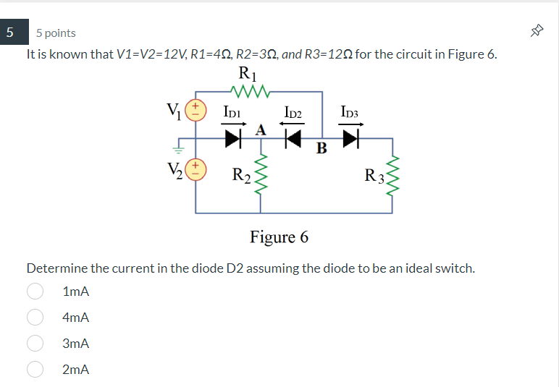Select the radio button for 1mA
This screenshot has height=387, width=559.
35,291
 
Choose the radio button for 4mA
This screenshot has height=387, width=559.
35,317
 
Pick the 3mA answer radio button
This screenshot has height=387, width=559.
35,344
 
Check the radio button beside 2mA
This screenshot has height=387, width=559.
35,370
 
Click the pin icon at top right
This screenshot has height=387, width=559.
536,32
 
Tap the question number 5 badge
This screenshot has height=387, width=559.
10,33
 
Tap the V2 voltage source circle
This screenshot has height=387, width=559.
196,171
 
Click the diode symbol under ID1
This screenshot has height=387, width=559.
232,138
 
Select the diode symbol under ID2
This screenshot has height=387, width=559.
293,138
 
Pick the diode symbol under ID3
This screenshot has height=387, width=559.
351,138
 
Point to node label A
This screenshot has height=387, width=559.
261,129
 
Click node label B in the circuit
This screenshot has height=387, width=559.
321,149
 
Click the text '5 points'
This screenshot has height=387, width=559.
56,33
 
